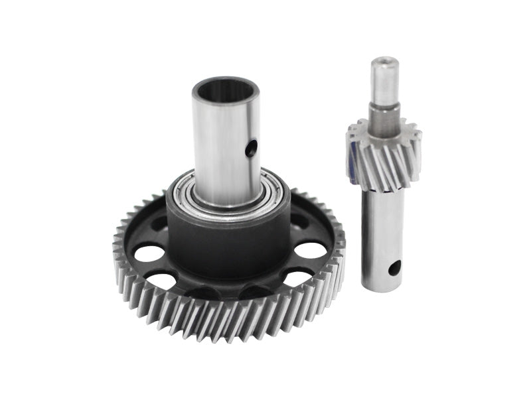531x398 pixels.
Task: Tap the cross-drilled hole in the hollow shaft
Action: [x=251, y=151]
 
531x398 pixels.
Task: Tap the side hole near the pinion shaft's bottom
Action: [x=395, y=268]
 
